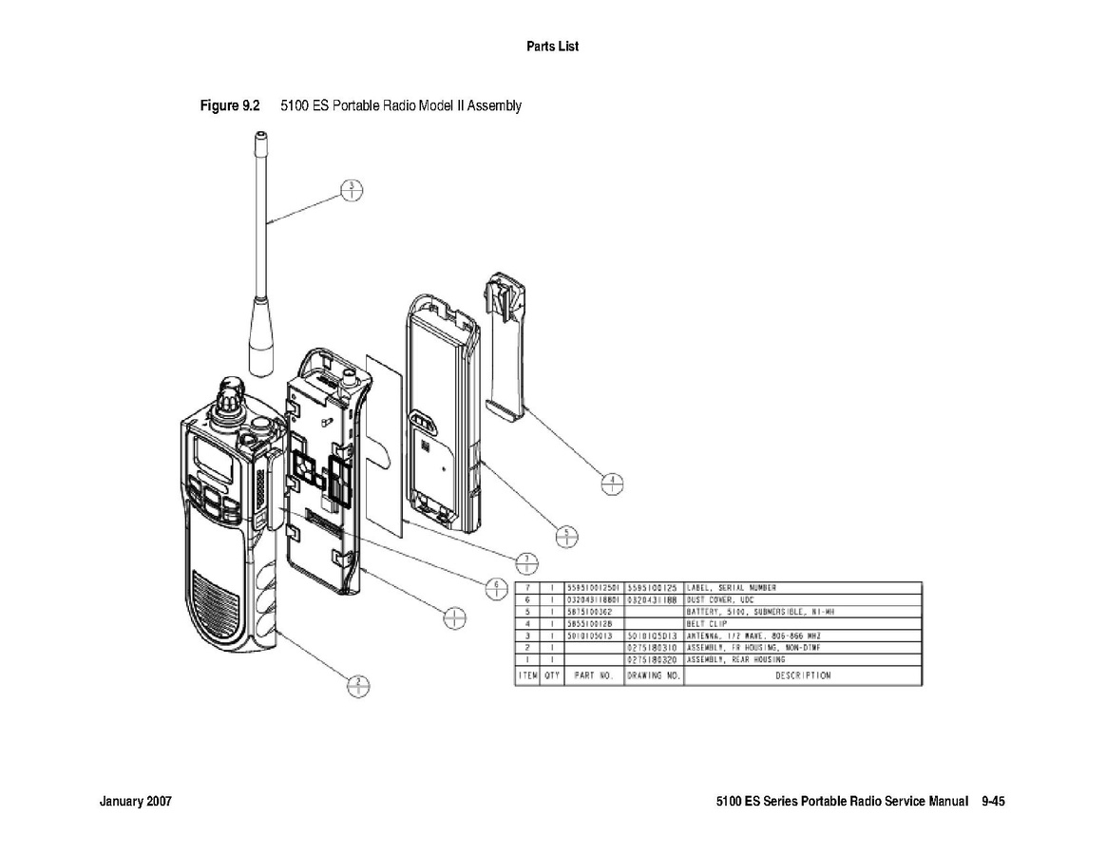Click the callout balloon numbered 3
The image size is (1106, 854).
[352, 190]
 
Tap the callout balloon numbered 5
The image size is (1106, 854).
[565, 537]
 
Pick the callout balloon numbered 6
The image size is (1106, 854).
[495, 587]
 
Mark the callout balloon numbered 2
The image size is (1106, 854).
[357, 685]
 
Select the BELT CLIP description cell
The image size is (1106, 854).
[802, 623]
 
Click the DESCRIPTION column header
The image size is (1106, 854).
[802, 675]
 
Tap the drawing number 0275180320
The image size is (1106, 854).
[654, 658]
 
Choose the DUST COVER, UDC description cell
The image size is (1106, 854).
[802, 599]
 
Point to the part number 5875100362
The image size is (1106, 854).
[594, 612]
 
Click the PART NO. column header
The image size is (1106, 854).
[594, 675]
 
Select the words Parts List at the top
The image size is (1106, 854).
[552, 46]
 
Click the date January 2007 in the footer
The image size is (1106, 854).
[136, 802]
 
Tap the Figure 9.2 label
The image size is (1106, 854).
[230, 105]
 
